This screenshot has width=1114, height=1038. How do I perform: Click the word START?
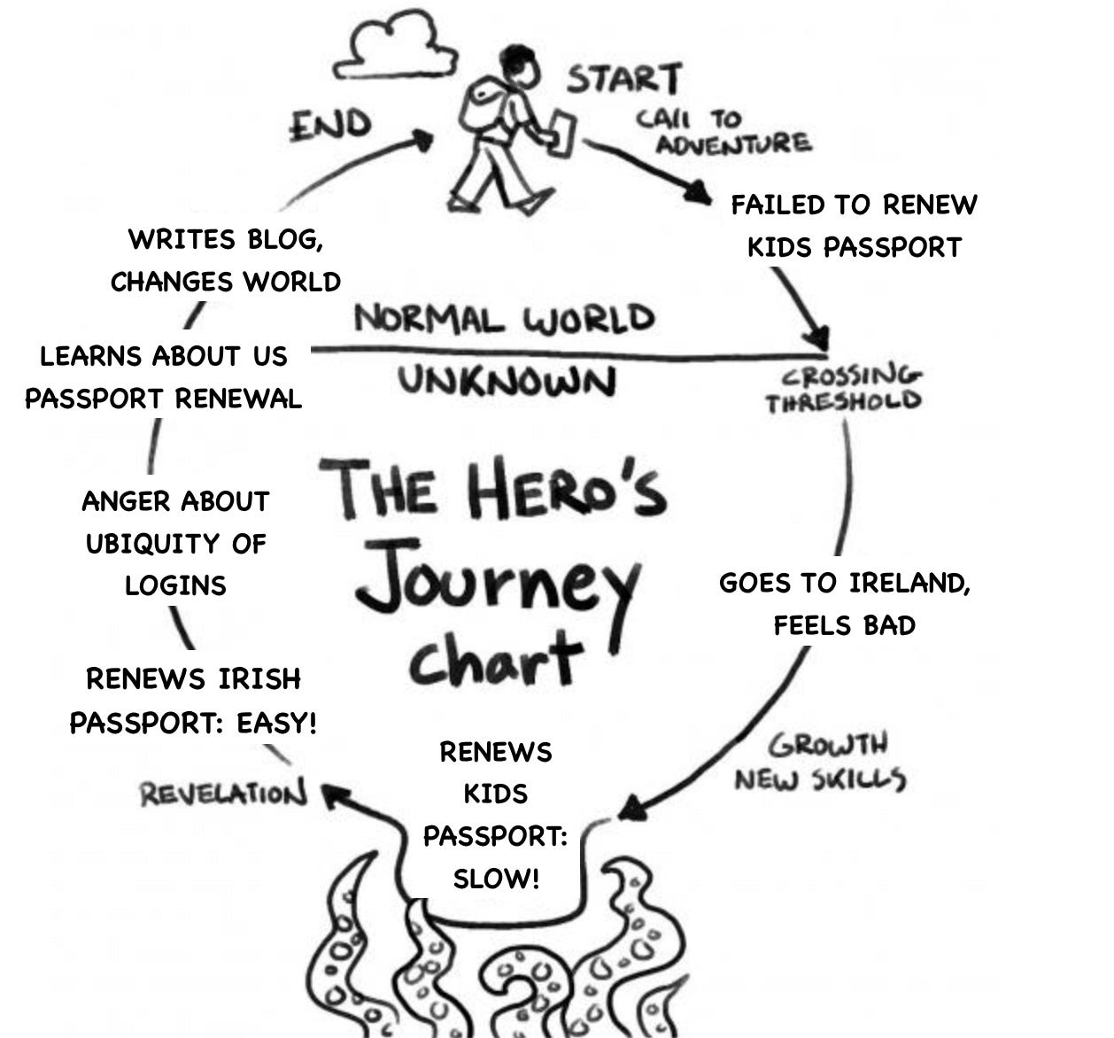623,79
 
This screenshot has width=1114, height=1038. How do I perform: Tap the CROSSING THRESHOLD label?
843,390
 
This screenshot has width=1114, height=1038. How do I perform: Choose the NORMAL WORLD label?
504,318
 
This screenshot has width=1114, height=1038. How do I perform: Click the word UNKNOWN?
506,381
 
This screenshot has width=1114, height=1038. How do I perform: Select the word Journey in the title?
496,580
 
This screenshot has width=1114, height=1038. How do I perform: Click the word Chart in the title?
496,659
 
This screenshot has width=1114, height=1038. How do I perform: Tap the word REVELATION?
222,793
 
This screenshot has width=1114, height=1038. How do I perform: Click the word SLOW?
496,879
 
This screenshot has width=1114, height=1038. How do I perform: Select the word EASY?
276,723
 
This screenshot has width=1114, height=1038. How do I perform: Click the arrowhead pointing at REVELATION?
333,794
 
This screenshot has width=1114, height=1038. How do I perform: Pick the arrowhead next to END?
422,140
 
